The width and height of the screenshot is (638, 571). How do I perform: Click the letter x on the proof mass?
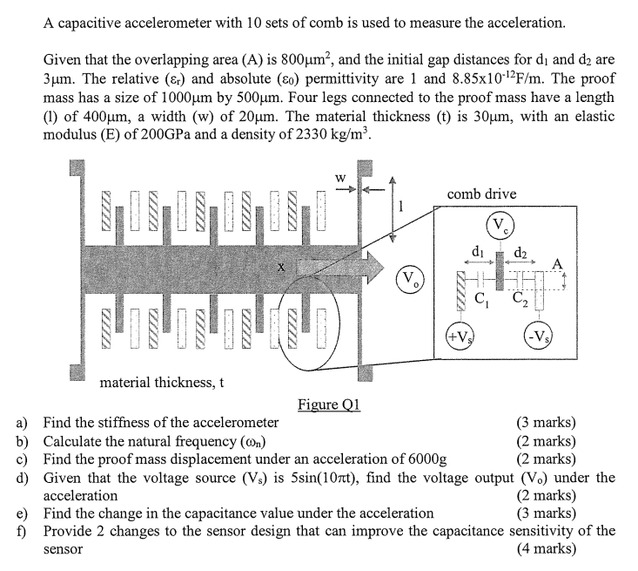[x=280, y=271]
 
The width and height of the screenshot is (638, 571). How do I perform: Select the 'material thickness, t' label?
[x=162, y=382]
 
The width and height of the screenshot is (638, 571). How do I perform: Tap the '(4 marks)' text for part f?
[x=546, y=549]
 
